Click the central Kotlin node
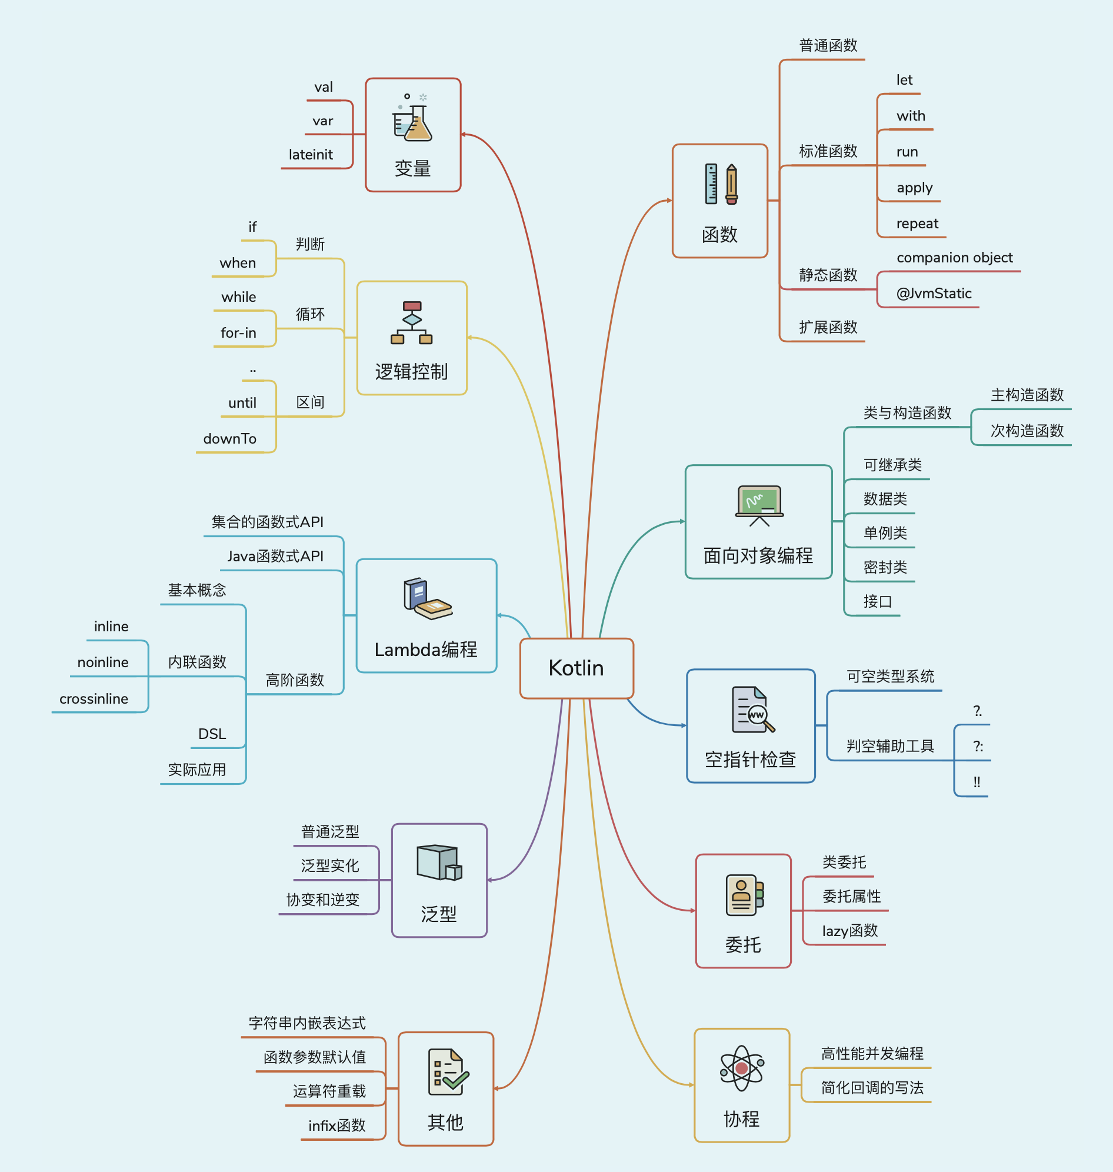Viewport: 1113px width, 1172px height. (x=576, y=668)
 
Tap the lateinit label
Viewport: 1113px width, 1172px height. (x=310, y=155)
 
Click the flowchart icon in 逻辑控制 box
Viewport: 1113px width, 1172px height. (x=412, y=323)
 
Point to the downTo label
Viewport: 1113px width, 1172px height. (x=229, y=439)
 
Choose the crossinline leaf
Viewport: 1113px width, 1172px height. (x=94, y=699)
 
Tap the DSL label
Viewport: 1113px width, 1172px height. (x=212, y=734)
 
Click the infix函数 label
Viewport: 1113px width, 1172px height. (x=336, y=1126)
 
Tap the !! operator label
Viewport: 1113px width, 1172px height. (x=977, y=782)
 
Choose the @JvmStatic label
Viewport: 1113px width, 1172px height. (x=934, y=294)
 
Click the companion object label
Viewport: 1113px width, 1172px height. (x=955, y=258)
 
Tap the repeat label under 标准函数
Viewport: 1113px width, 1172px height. (x=917, y=224)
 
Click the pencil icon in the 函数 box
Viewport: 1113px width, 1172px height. (x=732, y=185)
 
